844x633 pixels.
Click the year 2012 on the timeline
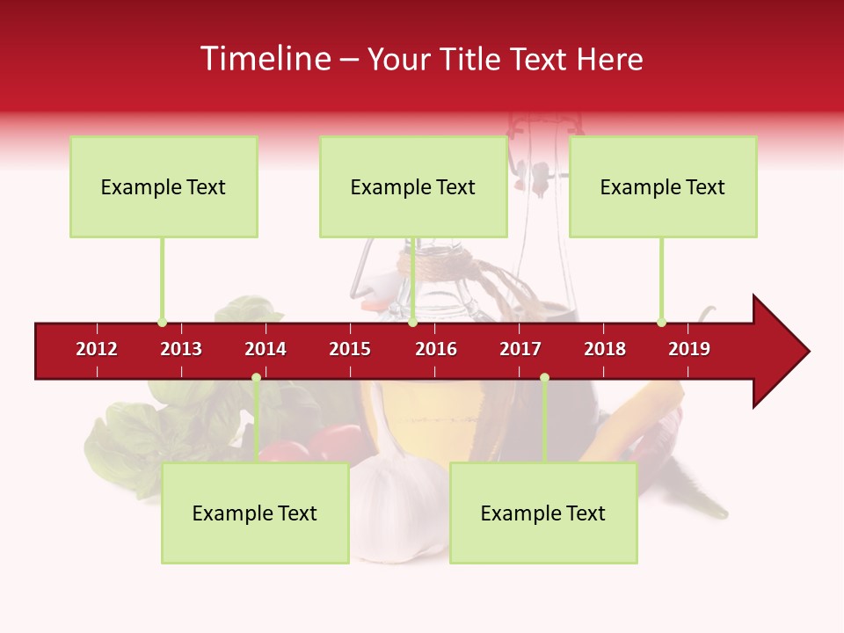tap(97, 349)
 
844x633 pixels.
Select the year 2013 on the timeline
tap(181, 349)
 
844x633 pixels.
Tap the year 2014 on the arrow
tap(266, 349)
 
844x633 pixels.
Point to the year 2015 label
tap(350, 349)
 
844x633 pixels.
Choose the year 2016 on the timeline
tap(436, 349)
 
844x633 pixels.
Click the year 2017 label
tap(520, 349)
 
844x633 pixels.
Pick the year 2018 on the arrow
tap(605, 349)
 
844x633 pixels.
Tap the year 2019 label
tap(689, 349)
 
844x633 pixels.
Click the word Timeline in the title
tap(264, 59)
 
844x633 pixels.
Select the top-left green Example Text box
tap(164, 186)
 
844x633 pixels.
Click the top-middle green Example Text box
tap(413, 186)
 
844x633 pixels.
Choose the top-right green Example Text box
tap(663, 186)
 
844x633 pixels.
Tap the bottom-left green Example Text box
tap(255, 513)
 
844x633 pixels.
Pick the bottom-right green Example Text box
tap(543, 513)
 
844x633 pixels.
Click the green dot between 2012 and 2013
tap(162, 323)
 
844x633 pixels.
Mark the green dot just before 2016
tap(412, 323)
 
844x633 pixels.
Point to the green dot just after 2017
tap(544, 377)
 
